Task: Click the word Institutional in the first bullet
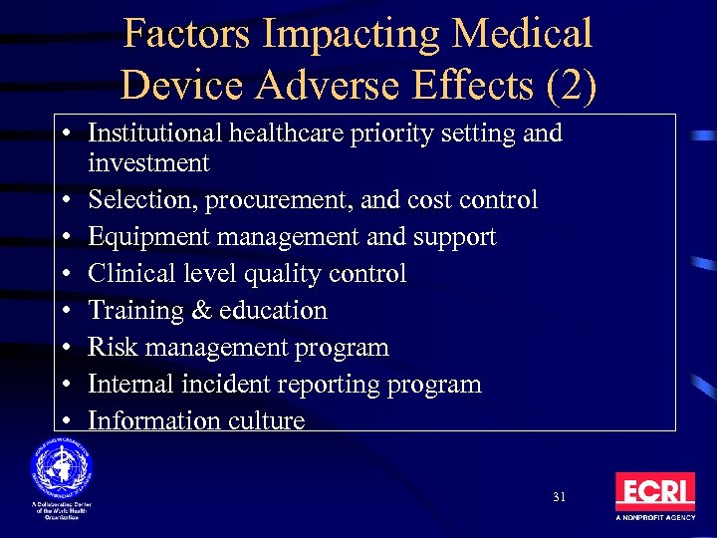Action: pos(145,134)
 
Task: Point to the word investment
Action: pos(148,162)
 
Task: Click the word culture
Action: pos(267,420)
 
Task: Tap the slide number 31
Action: pos(558,496)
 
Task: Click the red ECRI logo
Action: pos(654,492)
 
